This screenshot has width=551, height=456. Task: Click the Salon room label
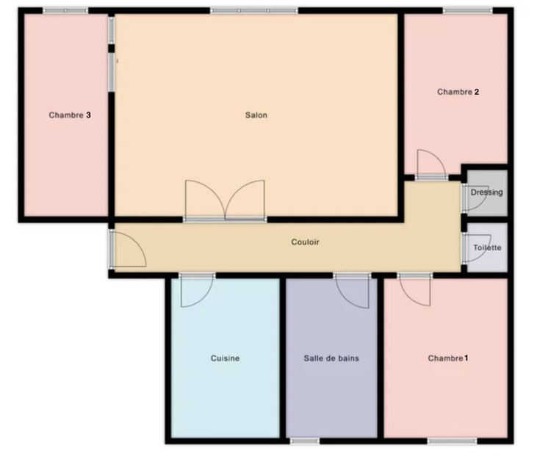[256, 115]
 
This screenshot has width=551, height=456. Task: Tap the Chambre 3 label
[70, 115]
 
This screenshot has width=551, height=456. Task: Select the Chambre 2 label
[458, 93]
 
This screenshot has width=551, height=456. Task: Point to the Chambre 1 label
[447, 358]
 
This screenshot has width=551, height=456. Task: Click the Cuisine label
[225, 358]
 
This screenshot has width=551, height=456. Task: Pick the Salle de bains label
[331, 358]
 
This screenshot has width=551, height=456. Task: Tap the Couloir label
[305, 242]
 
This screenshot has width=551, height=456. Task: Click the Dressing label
[486, 193]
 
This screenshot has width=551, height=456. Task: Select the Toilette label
[487, 248]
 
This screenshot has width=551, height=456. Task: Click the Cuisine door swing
[195, 289]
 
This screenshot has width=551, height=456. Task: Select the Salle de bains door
[353, 289]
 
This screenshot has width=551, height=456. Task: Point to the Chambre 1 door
[415, 289]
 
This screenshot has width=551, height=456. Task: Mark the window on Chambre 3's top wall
[65, 10]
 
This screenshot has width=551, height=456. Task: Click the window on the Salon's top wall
[253, 10]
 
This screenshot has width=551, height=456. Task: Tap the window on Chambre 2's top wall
[467, 10]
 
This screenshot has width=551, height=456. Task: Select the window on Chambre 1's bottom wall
[447, 441]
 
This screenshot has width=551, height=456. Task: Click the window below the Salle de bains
[304, 441]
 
